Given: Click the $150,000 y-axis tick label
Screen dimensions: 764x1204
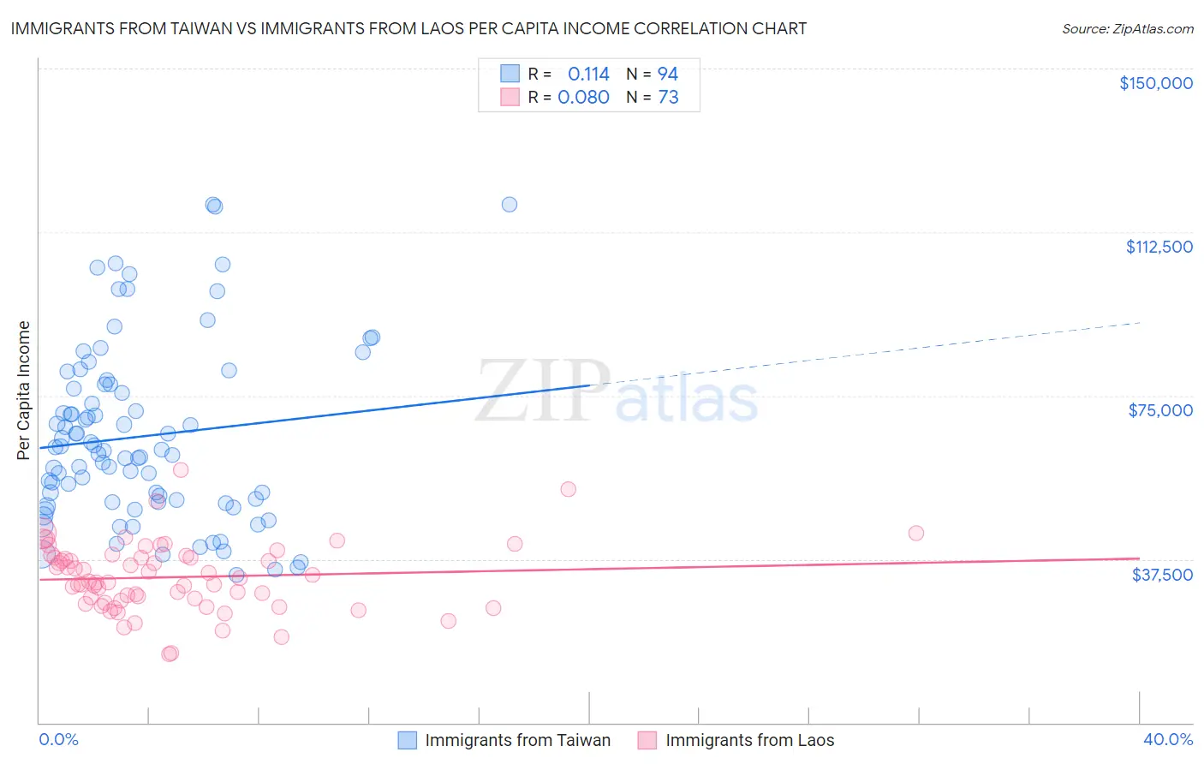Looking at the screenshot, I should (1155, 83).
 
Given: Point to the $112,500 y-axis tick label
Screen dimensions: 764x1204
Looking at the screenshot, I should (1159, 247).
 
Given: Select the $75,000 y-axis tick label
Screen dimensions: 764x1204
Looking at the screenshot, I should (1160, 410).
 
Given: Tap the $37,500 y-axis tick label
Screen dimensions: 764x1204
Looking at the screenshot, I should (1162, 574).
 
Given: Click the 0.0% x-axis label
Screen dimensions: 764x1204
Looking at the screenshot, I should (58, 739).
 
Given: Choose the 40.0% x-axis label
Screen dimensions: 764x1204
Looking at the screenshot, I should (1167, 739).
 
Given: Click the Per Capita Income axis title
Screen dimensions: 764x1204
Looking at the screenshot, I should (24, 390).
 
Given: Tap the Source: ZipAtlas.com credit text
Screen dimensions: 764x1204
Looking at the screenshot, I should (1127, 28).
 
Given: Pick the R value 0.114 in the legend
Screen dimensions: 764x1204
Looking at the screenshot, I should (588, 74).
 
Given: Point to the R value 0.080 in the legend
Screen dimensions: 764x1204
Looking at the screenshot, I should (583, 97).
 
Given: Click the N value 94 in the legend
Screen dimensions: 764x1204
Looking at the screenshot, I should (668, 74).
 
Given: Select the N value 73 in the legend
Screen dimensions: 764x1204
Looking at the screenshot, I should (668, 97).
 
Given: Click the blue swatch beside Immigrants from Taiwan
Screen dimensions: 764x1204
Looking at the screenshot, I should (408, 740).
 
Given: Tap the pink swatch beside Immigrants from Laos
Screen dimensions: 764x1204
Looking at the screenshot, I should (647, 740).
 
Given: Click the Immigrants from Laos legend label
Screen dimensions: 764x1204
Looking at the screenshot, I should (749, 740).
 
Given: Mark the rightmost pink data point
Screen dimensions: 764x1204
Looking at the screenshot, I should (915, 533).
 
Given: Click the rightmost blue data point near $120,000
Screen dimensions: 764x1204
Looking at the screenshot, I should (509, 204).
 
